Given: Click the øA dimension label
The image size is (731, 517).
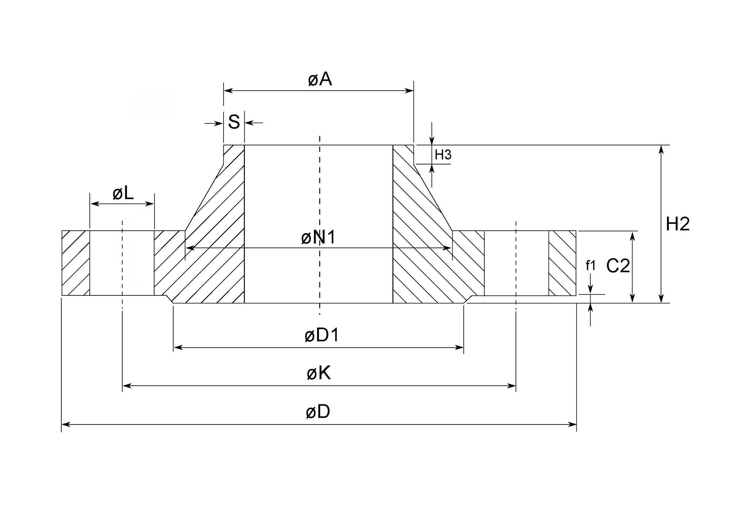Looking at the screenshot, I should point(320,80).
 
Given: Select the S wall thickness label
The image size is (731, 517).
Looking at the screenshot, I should point(234,122).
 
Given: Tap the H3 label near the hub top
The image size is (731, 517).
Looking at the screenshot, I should point(443,155).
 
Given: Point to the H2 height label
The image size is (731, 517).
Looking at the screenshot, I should point(677,224).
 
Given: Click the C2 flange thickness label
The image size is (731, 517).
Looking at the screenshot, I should point(618,266).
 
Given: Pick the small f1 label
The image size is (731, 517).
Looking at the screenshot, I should point(590,266).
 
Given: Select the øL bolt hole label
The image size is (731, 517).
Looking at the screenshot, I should point(123,194).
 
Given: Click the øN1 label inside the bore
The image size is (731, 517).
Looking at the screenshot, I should point(318,238).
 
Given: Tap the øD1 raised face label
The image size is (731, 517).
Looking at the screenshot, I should point(321,336).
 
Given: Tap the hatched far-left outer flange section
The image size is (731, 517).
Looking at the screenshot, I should point(75,263).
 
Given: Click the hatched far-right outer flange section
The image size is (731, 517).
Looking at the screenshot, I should point(562,263).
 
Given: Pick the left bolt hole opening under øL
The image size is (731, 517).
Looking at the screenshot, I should point(122,263).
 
